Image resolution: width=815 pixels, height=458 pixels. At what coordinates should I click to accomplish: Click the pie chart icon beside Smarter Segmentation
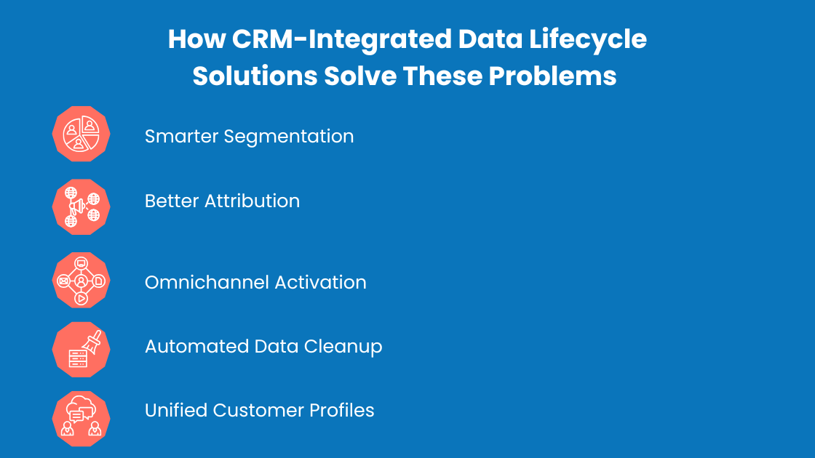[81, 134]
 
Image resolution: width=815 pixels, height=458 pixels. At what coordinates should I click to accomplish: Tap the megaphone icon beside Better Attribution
[81, 207]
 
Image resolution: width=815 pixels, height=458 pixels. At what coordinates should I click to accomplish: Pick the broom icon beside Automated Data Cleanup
[81, 350]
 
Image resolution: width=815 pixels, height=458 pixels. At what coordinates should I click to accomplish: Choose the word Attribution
[251, 201]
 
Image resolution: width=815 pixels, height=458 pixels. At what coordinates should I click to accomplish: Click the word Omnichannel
[197, 282]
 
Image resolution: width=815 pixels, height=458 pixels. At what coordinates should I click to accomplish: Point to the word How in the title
[196, 39]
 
